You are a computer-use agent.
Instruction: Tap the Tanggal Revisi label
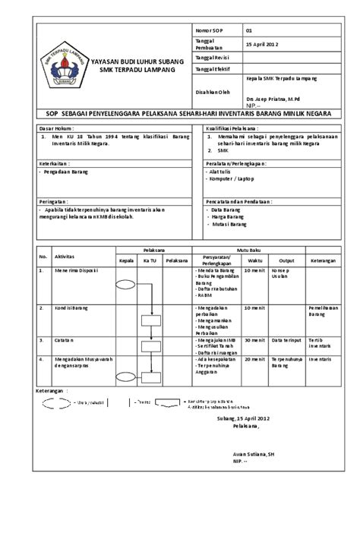(x=212, y=57)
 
